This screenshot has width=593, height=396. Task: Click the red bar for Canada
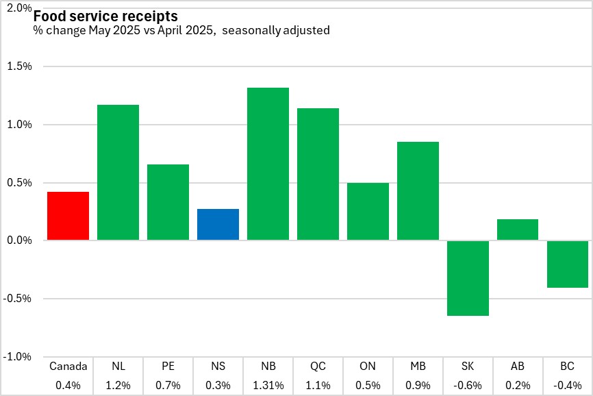click(x=68, y=216)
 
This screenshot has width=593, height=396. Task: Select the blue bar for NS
click(x=218, y=225)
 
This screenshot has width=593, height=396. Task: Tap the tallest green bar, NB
click(x=268, y=164)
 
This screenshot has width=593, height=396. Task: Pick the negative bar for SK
click(x=468, y=277)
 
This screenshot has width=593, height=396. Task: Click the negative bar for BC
click(x=568, y=264)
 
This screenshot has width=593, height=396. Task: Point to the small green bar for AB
click(x=518, y=230)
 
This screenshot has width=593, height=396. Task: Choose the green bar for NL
click(x=118, y=172)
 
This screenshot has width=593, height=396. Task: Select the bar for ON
click(x=368, y=211)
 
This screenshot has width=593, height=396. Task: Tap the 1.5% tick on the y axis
click(x=18, y=66)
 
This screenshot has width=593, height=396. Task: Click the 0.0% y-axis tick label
click(x=18, y=240)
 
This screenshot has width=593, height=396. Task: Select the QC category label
click(x=318, y=367)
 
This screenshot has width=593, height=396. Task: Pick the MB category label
click(x=418, y=367)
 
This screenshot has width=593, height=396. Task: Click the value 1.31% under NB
click(x=268, y=385)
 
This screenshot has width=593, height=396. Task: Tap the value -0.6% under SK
click(x=468, y=385)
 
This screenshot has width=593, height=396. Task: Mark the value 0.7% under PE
click(x=168, y=385)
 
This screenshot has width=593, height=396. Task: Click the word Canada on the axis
click(x=68, y=367)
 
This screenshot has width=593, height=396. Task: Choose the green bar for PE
click(x=168, y=202)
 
